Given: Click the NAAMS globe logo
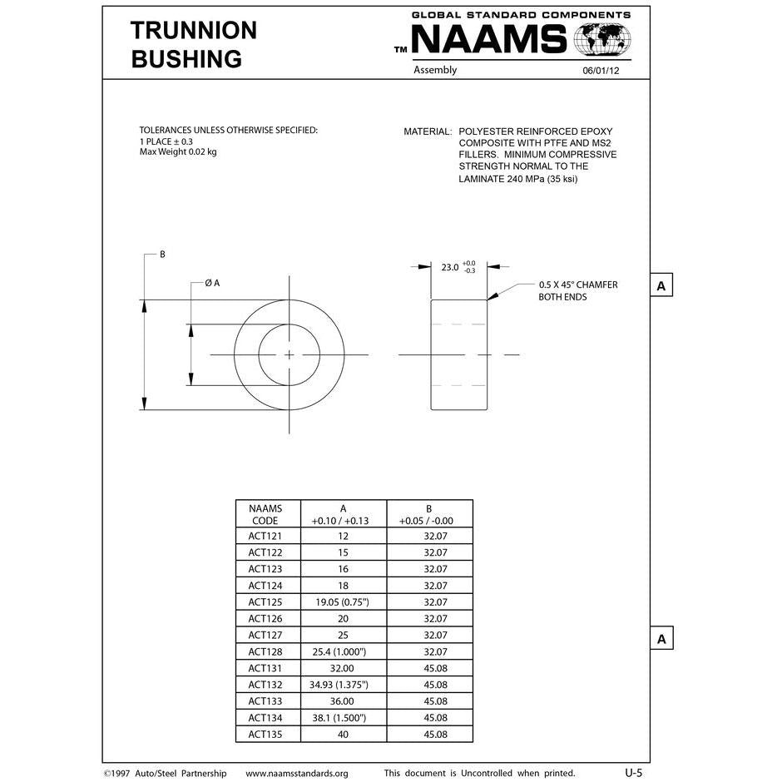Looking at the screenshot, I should [602, 39].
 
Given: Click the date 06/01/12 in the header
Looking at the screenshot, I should [601, 72].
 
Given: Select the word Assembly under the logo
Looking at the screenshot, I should [435, 71].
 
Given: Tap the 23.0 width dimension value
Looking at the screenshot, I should [450, 267].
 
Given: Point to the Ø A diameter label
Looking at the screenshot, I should [212, 283].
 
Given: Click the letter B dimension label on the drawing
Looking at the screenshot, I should [162, 255].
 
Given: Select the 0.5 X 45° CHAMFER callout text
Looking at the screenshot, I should [578, 285].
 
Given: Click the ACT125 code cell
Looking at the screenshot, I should [265, 601].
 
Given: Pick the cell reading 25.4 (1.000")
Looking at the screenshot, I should [343, 651].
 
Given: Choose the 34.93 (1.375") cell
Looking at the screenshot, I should [343, 685].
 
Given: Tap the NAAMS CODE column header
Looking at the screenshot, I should [265, 515].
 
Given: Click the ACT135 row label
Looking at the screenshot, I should [265, 735].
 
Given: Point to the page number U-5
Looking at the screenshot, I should [633, 773].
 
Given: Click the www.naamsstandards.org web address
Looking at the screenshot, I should [297, 774].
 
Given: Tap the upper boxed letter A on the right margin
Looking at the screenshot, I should [661, 286].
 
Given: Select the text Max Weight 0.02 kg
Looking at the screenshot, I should [178, 152].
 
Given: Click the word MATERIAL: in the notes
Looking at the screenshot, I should [428, 132].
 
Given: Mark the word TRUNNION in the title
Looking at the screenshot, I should [194, 31].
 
